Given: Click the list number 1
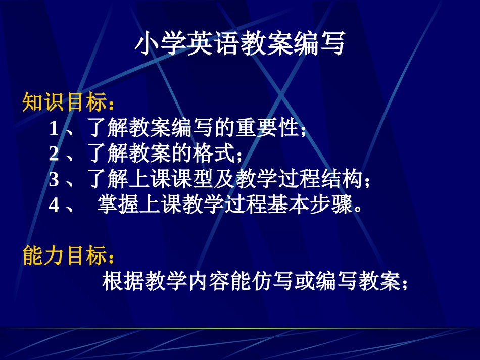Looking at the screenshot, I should pyautogui.click(x=54, y=129).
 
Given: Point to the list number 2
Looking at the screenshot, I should pyautogui.click(x=54, y=153).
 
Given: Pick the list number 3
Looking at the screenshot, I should pyautogui.click(x=54, y=179).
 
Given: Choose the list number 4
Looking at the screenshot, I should pyautogui.click(x=54, y=204).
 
